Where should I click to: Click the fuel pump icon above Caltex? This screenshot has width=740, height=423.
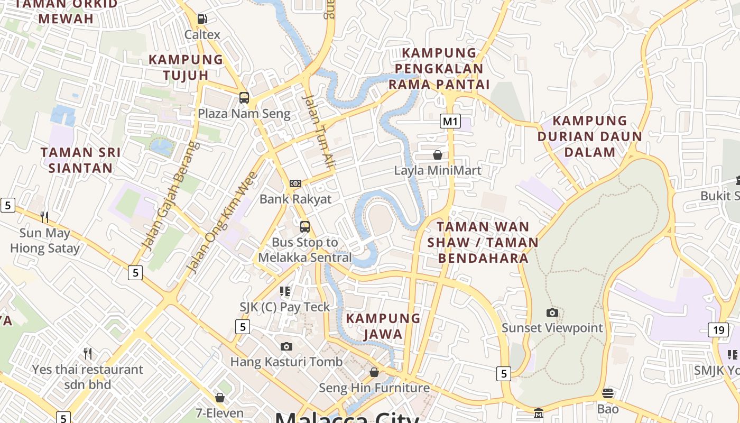[x=202, y=19]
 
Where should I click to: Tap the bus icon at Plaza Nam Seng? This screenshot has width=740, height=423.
[x=244, y=97]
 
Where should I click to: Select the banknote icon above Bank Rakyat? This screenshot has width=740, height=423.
[x=295, y=183]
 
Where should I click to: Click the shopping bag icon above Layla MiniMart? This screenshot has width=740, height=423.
[x=438, y=155]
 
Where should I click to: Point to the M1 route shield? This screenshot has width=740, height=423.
[x=450, y=121]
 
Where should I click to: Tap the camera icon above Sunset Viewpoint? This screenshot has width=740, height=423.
[x=552, y=312]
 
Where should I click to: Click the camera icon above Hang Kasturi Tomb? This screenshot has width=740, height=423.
[x=286, y=346]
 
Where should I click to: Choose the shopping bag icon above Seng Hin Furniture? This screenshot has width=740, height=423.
[x=374, y=372]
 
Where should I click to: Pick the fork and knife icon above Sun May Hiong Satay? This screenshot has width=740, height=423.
[x=44, y=217]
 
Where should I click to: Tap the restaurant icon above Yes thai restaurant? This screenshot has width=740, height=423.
[x=88, y=353]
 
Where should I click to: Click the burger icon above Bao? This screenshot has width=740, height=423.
[x=608, y=393]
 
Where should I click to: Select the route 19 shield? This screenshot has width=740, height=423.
[x=718, y=330]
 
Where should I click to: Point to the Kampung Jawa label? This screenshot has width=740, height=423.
[x=383, y=326]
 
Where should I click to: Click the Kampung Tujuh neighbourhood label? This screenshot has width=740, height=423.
[x=186, y=67]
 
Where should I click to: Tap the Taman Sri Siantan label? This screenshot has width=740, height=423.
[x=81, y=160]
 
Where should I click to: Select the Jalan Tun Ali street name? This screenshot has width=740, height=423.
[x=318, y=132]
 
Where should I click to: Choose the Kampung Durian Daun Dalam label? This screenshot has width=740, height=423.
[x=589, y=136]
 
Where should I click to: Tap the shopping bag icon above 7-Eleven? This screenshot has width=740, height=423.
[x=220, y=397]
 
